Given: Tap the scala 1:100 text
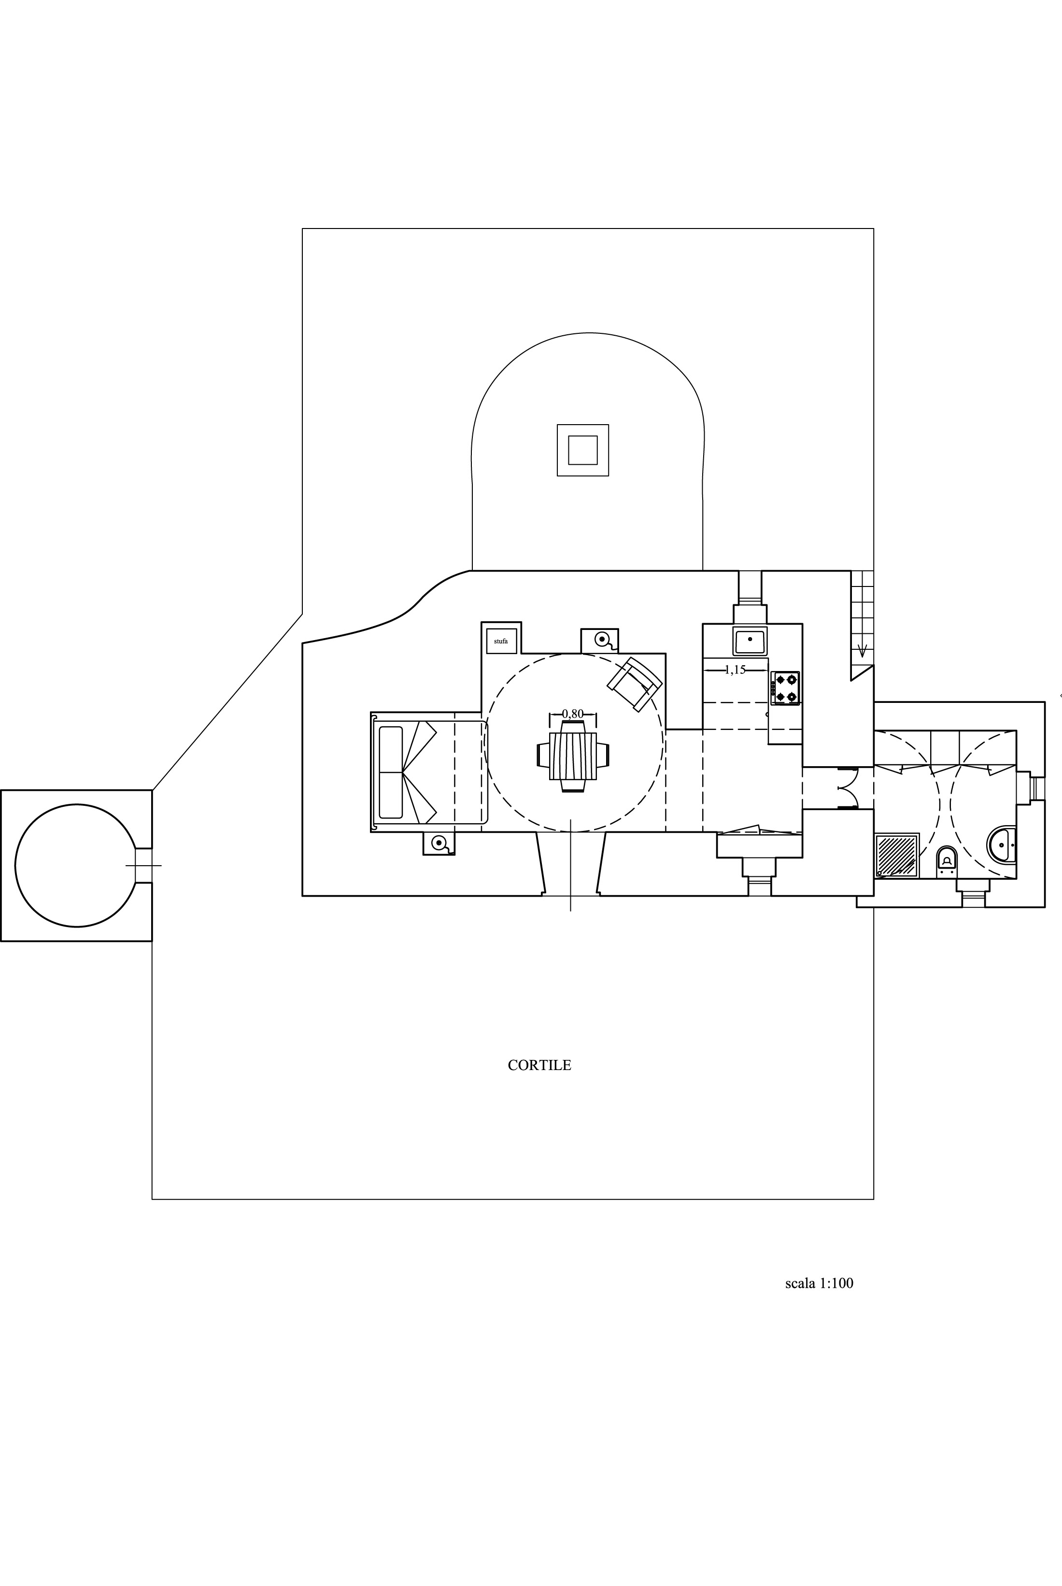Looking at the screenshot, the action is (x=819, y=1283).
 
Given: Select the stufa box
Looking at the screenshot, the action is (x=501, y=641).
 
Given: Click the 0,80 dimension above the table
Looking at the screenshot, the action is (x=573, y=714).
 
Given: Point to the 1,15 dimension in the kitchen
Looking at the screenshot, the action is (x=735, y=670).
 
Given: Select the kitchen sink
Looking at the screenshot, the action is (x=750, y=640).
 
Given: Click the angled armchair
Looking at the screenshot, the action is (x=635, y=684).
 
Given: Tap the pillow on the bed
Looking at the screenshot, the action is (x=391, y=772).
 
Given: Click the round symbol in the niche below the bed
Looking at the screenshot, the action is (x=439, y=843).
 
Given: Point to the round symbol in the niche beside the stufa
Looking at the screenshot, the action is (x=601, y=639).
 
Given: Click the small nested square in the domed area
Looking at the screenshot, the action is (x=582, y=450).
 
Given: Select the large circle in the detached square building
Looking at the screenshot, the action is (x=76, y=865).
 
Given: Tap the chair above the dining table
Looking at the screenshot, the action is (x=573, y=727).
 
